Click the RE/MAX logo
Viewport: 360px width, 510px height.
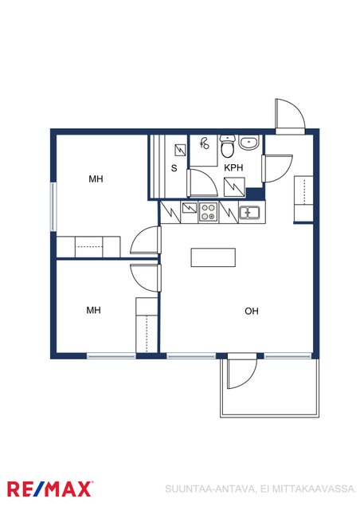pyautogui.click(x=49, y=489)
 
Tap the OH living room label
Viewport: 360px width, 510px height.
pyautogui.click(x=252, y=312)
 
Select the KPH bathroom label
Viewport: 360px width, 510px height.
pyautogui.click(x=233, y=168)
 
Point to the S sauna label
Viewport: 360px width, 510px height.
pyautogui.click(x=174, y=168)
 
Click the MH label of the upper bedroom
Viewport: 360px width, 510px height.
pyautogui.click(x=96, y=178)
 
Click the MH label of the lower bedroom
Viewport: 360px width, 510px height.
pyautogui.click(x=93, y=310)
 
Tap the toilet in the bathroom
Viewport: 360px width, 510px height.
pyautogui.click(x=228, y=146)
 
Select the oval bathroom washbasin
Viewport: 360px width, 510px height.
pyautogui.click(x=249, y=142)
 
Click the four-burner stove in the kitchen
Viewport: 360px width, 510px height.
pyautogui.click(x=209, y=211)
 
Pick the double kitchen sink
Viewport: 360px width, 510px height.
pyautogui.click(x=249, y=213)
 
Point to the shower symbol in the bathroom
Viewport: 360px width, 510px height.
pyautogui.click(x=204, y=143)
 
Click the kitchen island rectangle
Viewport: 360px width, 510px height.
pyautogui.click(x=213, y=257)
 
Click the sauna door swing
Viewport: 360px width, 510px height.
pyautogui.click(x=202, y=182)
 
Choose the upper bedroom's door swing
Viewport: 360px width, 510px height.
pyautogui.click(x=146, y=240)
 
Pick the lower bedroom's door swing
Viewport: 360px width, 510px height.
pyautogui.click(x=146, y=278)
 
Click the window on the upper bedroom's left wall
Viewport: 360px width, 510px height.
pyautogui.click(x=53, y=207)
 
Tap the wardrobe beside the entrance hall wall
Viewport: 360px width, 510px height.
pyautogui.click(x=303, y=198)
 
